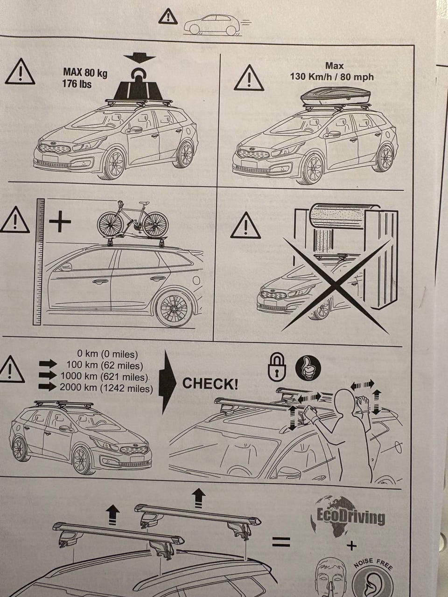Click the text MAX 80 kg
(85, 73)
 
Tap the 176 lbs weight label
(77, 84)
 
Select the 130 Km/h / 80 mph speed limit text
(332, 76)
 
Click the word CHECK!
(210, 383)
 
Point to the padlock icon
(277, 368)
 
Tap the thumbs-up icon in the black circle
(308, 368)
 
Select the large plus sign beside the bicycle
(60, 222)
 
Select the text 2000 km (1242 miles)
(106, 388)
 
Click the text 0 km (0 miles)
(107, 354)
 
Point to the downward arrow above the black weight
(139, 58)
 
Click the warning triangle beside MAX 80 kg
(20, 71)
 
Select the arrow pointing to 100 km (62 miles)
(48, 364)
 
